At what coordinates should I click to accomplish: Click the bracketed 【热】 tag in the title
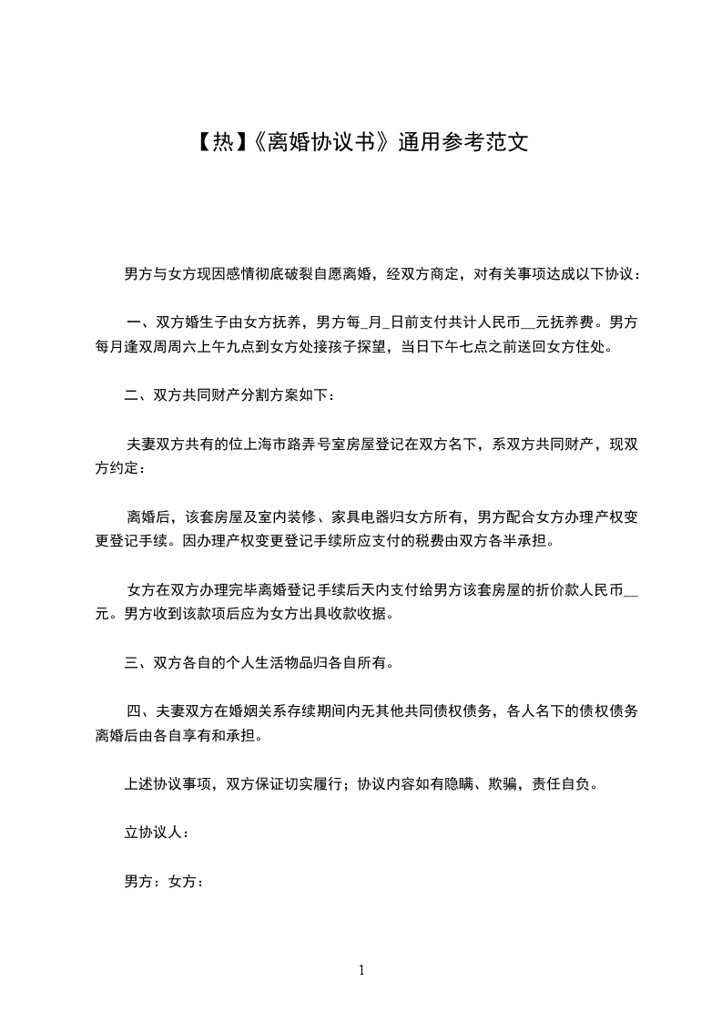(218, 143)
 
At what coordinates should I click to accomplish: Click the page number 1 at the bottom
(361, 970)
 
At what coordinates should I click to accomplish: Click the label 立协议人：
(156, 833)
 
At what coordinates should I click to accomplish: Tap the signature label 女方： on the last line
(187, 882)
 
